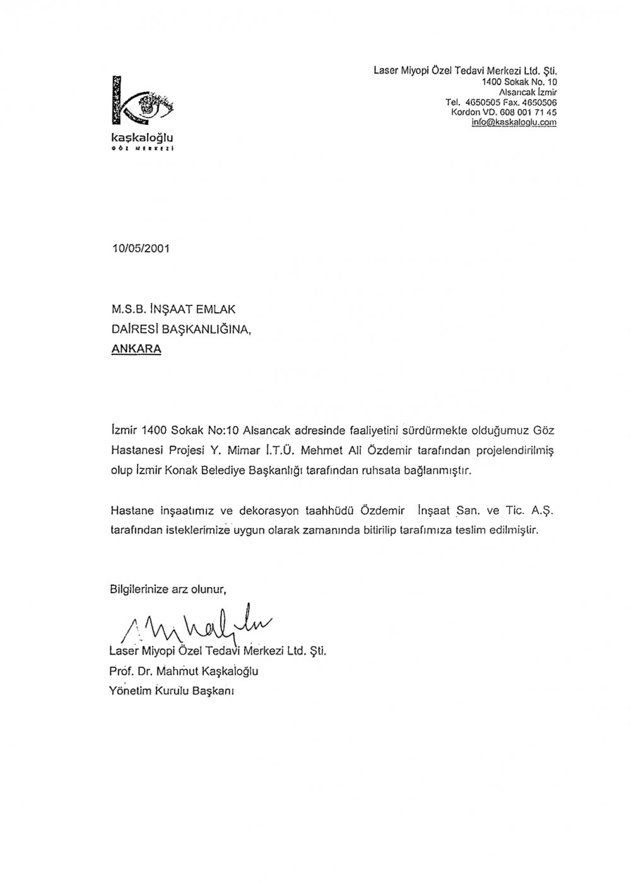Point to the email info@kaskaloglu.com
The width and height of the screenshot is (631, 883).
514,122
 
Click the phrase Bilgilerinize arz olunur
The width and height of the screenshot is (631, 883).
168,590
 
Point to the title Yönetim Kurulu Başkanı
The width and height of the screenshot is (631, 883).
172,691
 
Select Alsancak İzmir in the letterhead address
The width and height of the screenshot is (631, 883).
528,92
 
